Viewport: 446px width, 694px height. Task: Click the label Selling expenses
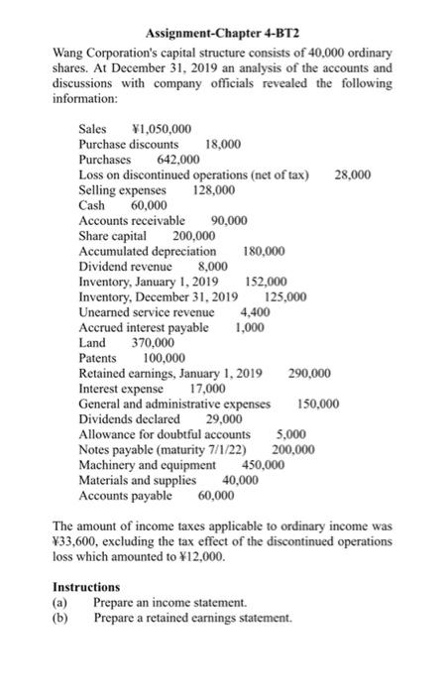coord(118,189)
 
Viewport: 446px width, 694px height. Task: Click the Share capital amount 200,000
coord(194,236)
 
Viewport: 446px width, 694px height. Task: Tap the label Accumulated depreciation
coord(147,251)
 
